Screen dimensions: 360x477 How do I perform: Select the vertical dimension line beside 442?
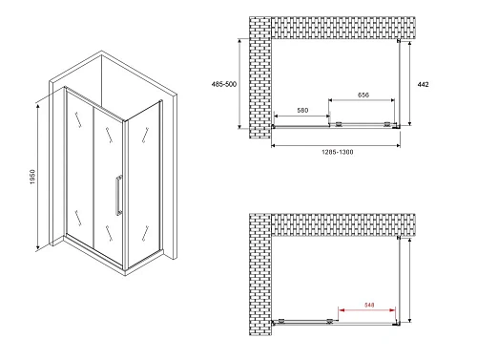click(411, 84)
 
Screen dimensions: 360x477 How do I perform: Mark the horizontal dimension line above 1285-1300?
click(333, 145)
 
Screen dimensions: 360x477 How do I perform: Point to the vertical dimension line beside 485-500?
click(238, 83)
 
